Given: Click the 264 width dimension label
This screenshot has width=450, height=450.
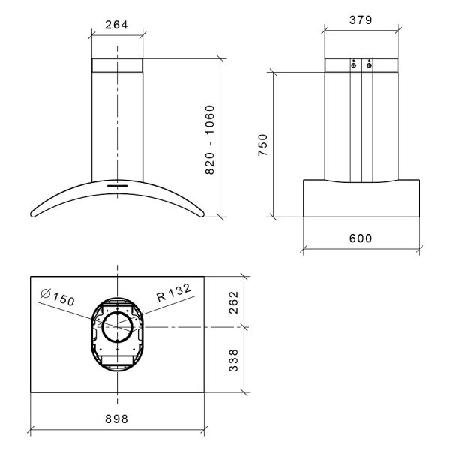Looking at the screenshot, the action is coord(116,25).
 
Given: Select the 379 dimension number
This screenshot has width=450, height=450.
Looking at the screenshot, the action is coord(361,20).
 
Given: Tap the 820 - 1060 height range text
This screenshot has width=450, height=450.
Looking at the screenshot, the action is coord(210,139).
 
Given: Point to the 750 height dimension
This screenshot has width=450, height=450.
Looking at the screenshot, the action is coord(263,145).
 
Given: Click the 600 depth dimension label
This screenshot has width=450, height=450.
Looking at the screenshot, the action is coord(361,238).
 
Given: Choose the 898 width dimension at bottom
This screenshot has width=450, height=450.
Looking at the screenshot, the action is coord(116,418).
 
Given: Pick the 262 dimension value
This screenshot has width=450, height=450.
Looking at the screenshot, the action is coord(234,302).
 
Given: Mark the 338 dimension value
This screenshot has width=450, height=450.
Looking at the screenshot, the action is coord(234,360).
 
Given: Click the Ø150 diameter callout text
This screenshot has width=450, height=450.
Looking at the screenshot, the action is coord(58,297).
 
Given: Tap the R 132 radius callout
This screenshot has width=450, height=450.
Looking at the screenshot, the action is coord(174,292).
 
